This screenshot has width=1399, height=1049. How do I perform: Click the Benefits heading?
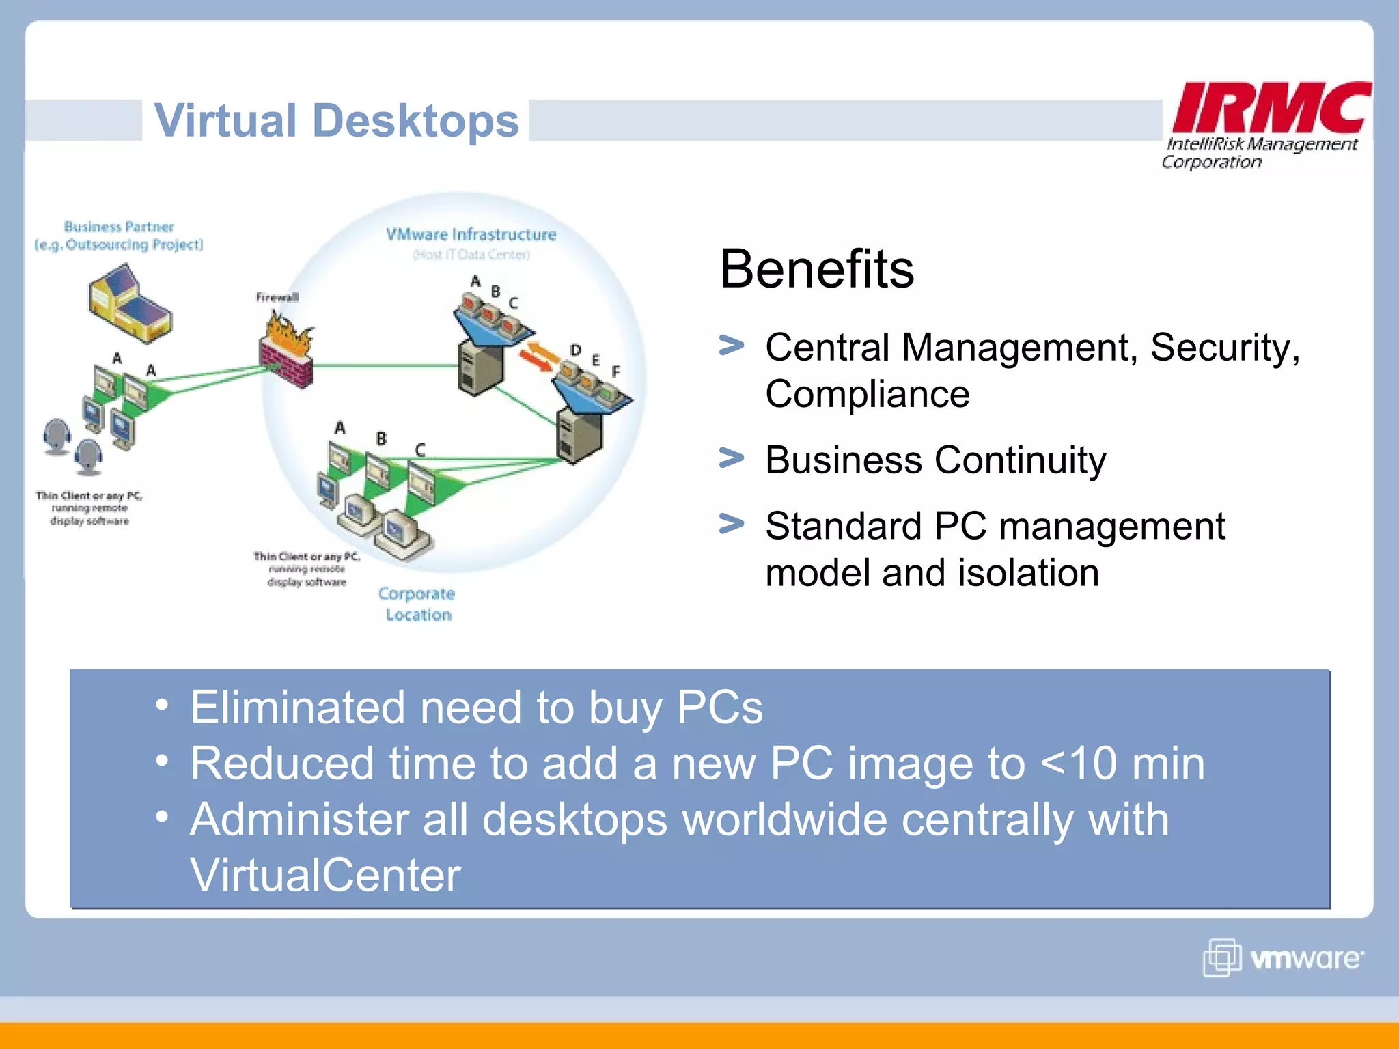(x=816, y=269)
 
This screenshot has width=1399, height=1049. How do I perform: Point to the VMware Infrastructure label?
(x=471, y=234)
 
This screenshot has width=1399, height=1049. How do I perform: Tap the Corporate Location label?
(x=417, y=604)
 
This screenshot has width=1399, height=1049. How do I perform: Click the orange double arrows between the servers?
(x=537, y=355)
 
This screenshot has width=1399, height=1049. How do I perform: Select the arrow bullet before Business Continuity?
(x=731, y=458)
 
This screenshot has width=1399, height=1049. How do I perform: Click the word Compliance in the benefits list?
(x=867, y=394)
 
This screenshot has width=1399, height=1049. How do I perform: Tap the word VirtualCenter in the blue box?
(x=325, y=875)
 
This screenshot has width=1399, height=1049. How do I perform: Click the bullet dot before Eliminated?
(x=161, y=705)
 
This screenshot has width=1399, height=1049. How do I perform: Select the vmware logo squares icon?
(x=1221, y=957)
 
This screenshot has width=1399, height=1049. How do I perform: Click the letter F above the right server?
(x=615, y=372)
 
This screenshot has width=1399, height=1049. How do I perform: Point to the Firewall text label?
(x=277, y=297)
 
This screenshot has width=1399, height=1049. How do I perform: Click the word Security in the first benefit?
(x=1223, y=348)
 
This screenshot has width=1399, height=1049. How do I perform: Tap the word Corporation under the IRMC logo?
(x=1211, y=163)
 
